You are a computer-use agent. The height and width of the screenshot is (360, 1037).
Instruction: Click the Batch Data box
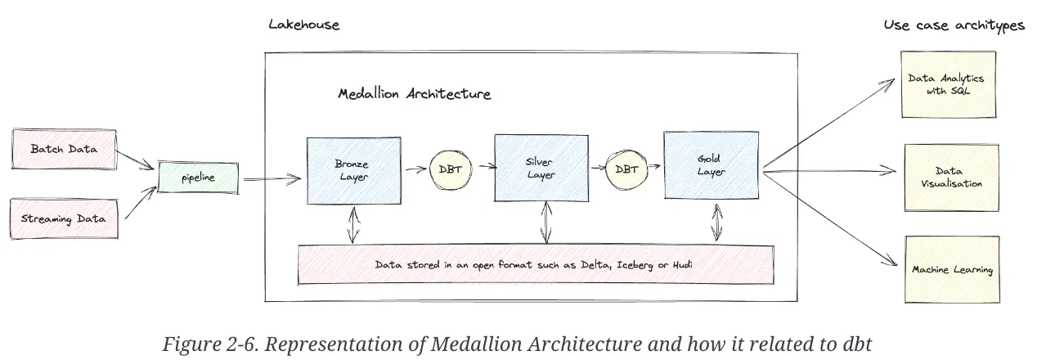pyautogui.click(x=64, y=149)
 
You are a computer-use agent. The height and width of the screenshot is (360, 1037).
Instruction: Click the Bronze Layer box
pyautogui.click(x=352, y=169)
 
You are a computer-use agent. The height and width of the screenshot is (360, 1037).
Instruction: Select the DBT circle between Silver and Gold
pyautogui.click(x=626, y=169)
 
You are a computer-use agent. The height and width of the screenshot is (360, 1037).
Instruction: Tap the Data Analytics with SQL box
pyautogui.click(x=947, y=84)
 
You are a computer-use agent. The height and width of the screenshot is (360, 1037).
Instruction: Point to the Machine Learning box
pyautogui.click(x=952, y=269)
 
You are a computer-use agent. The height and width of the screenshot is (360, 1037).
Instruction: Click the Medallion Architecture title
pyautogui.click(x=415, y=94)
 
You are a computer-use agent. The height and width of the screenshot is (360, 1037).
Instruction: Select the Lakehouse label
pyautogui.click(x=303, y=25)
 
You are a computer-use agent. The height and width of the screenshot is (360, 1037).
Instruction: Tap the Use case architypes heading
pyautogui.click(x=954, y=25)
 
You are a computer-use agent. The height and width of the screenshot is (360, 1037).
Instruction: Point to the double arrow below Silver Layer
pyautogui.click(x=545, y=222)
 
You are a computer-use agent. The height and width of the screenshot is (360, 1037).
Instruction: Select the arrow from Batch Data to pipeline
pyautogui.click(x=137, y=160)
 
